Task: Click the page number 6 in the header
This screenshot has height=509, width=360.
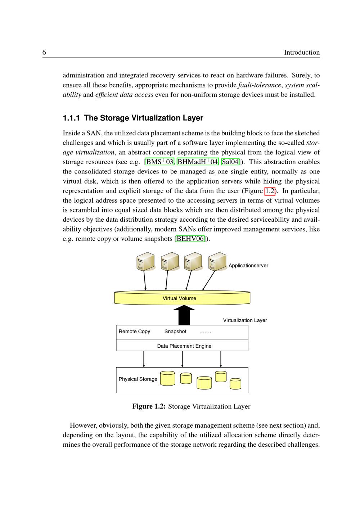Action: tap(44, 53)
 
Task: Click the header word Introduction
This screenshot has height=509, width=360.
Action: tap(302, 53)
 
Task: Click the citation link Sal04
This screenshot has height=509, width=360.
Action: tap(230, 162)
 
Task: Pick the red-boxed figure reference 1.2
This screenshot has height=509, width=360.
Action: tap(270, 191)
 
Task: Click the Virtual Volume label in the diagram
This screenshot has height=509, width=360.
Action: tap(179, 298)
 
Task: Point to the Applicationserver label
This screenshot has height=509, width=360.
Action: tap(248, 266)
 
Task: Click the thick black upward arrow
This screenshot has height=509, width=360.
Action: tap(184, 316)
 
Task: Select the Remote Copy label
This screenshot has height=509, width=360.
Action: tap(134, 332)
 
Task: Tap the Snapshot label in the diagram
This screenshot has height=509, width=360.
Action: tap(175, 332)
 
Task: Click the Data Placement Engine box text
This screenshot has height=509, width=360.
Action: tap(184, 346)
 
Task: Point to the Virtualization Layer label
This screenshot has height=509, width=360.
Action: tap(245, 320)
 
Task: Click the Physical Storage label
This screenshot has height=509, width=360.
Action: tap(138, 379)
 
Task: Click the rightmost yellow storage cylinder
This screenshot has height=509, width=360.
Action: tap(235, 384)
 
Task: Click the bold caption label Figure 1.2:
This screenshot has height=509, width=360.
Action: tap(149, 406)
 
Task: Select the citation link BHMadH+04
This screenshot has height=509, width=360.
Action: tap(198, 162)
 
